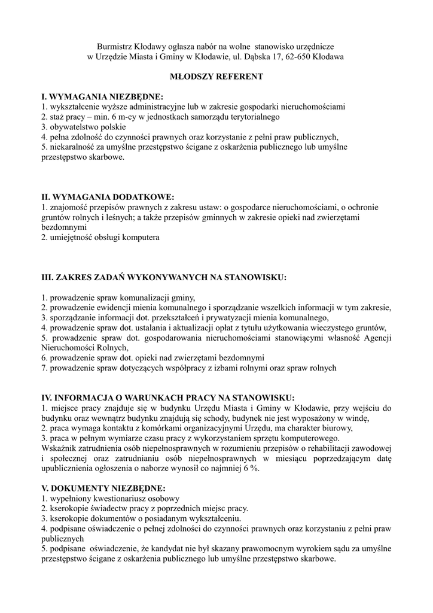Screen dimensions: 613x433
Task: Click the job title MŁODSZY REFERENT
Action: pos(216,77)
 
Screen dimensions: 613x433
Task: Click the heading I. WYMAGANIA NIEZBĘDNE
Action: pos(102,96)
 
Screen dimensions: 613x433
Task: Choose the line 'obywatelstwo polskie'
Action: pos(83,127)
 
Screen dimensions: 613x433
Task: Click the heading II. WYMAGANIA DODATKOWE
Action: pos(108,197)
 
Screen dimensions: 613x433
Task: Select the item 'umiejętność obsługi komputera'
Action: pos(100,238)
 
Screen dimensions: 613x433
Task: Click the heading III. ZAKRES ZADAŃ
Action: pos(163,277)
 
